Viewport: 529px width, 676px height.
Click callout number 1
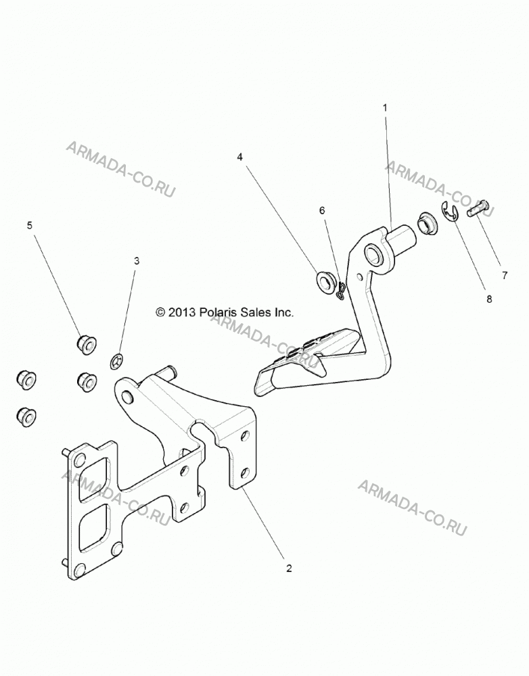[386, 107]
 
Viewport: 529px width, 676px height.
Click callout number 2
[289, 569]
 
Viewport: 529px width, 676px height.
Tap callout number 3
[137, 261]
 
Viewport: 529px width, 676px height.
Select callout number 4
[240, 157]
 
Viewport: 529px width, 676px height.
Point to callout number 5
[29, 225]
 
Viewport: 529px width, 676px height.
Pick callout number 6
[322, 210]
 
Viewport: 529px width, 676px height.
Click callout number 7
[505, 275]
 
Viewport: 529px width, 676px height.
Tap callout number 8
[489, 299]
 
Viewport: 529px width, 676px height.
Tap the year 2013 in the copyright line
[183, 312]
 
